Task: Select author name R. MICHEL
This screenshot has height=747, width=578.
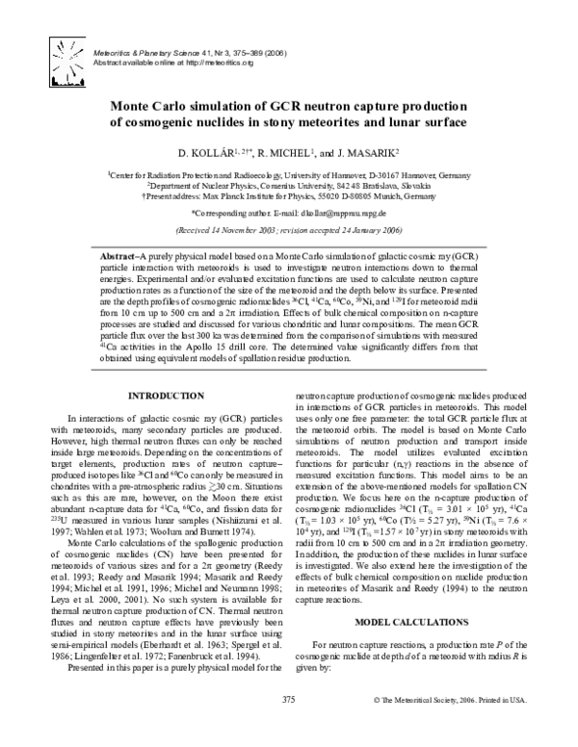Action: (x=293, y=153)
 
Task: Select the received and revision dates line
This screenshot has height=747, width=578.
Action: (x=289, y=232)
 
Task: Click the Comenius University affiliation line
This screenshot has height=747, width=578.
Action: (x=289, y=183)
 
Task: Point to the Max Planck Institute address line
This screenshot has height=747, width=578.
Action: (x=289, y=193)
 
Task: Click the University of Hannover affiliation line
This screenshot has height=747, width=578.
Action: (x=289, y=172)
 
